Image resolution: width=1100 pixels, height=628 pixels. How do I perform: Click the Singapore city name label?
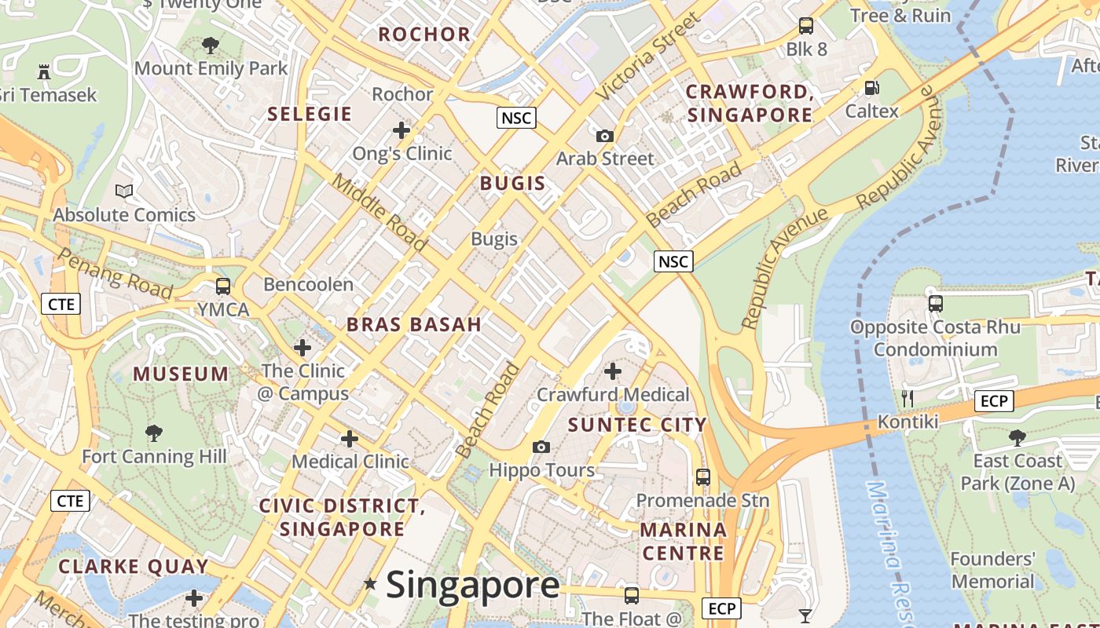472,586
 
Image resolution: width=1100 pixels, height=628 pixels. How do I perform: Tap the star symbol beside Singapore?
370,584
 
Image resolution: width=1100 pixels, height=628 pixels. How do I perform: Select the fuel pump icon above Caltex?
871,88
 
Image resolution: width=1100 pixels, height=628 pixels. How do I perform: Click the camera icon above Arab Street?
604,136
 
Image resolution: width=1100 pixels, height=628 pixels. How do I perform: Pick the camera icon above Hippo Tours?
541,447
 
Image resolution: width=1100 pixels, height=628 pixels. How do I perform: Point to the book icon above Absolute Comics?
124,191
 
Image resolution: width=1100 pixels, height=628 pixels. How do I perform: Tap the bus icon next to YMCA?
223,287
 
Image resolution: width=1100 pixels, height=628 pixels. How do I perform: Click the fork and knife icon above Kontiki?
907,398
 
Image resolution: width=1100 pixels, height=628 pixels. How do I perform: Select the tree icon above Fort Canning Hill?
154,433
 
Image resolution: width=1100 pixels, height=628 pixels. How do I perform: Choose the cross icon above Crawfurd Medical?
613,371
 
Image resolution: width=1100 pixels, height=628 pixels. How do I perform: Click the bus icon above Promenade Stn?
703,476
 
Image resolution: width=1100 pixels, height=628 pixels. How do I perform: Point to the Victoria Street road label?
646,57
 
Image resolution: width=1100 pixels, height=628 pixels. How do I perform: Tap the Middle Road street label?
379,213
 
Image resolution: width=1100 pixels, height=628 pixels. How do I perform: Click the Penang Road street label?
115,274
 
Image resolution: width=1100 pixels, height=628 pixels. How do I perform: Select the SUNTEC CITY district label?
637,425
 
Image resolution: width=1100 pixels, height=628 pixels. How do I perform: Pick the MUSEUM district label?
181,374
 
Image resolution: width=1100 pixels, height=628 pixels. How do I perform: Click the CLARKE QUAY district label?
134,566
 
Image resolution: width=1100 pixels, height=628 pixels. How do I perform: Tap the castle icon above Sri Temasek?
44,72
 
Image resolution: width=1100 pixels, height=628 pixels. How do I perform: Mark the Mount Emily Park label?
211,68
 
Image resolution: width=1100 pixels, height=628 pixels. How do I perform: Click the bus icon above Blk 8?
806,26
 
